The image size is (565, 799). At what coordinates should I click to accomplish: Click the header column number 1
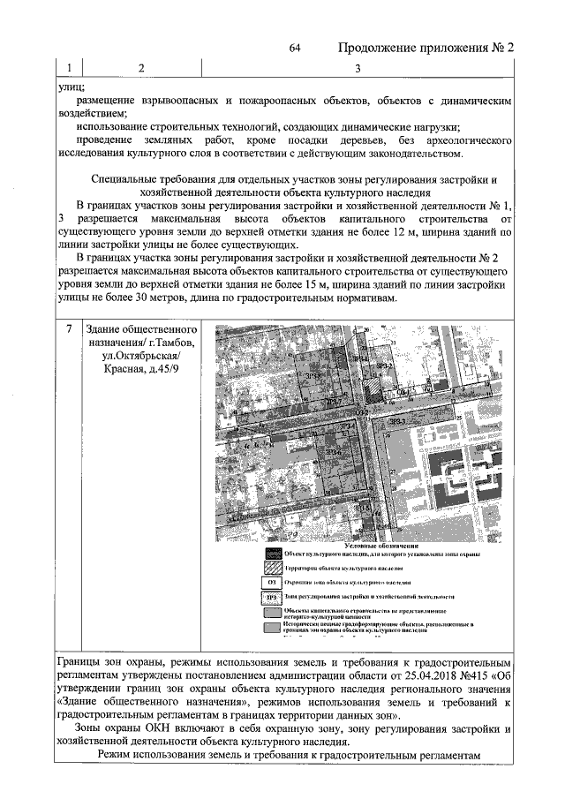click(68, 68)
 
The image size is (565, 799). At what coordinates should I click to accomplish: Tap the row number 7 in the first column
click(69, 329)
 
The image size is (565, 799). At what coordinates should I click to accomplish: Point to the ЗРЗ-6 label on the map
click(334, 453)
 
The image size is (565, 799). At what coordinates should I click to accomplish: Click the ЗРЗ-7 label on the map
click(333, 402)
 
